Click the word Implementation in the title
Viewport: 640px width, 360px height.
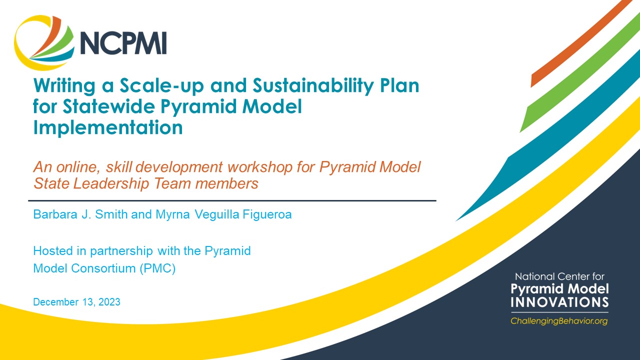[107, 128]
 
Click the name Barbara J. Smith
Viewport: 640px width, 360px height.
[79, 215]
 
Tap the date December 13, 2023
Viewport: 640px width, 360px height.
[76, 302]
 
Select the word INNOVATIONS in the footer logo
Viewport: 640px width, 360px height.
[559, 302]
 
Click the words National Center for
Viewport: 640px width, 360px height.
[559, 276]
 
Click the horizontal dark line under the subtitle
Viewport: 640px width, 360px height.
[234, 200]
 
